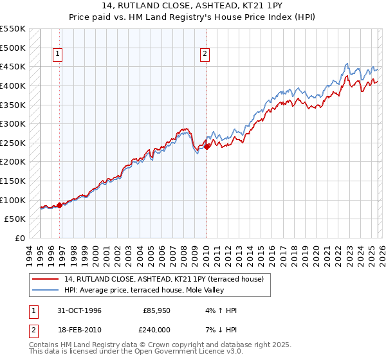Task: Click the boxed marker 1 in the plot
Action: point(59,55)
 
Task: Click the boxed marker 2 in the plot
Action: point(205,55)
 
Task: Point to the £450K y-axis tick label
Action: point(13,66)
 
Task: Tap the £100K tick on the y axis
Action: point(13,200)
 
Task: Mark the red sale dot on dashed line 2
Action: point(207,147)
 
